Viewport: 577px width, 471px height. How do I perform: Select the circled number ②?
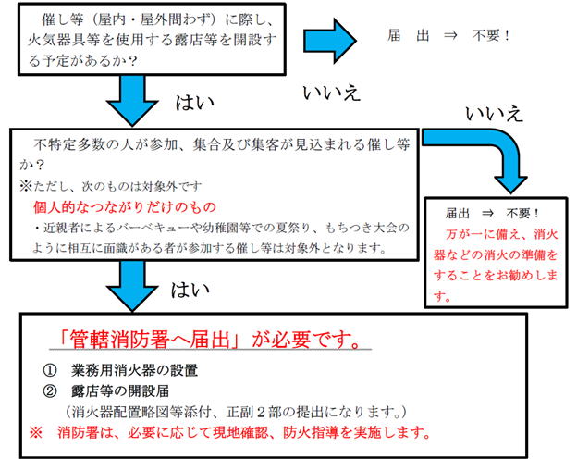[50, 390]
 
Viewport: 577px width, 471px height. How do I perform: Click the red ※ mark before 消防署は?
[36, 432]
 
